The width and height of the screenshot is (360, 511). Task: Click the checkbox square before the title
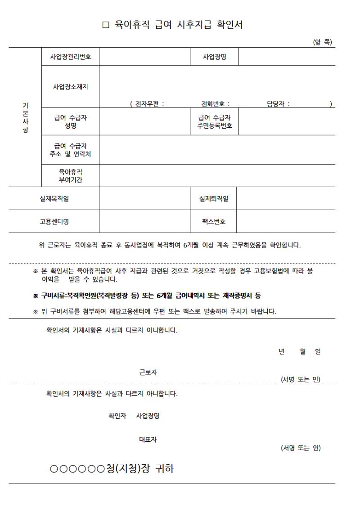[x=106, y=25]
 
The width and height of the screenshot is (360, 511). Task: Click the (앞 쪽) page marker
[x=322, y=42]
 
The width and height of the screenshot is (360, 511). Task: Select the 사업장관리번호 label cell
[x=71, y=57]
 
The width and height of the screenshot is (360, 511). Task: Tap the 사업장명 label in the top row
[x=214, y=57]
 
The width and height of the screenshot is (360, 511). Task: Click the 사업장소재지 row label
[x=71, y=86]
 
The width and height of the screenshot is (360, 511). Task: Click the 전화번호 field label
[x=216, y=104]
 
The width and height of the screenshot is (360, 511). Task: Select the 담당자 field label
[x=278, y=104]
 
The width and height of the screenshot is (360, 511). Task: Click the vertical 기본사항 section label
[x=25, y=117]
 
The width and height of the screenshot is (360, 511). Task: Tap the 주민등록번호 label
[x=215, y=126]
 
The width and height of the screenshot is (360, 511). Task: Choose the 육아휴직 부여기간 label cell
[x=71, y=176]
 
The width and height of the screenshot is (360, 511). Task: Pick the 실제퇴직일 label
[x=214, y=198]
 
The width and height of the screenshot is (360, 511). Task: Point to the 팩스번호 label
[x=214, y=221]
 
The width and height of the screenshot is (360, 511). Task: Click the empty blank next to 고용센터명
[x=144, y=221]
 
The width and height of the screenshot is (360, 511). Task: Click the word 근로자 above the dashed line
[x=148, y=372]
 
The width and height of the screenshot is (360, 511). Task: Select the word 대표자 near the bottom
[x=148, y=439]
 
